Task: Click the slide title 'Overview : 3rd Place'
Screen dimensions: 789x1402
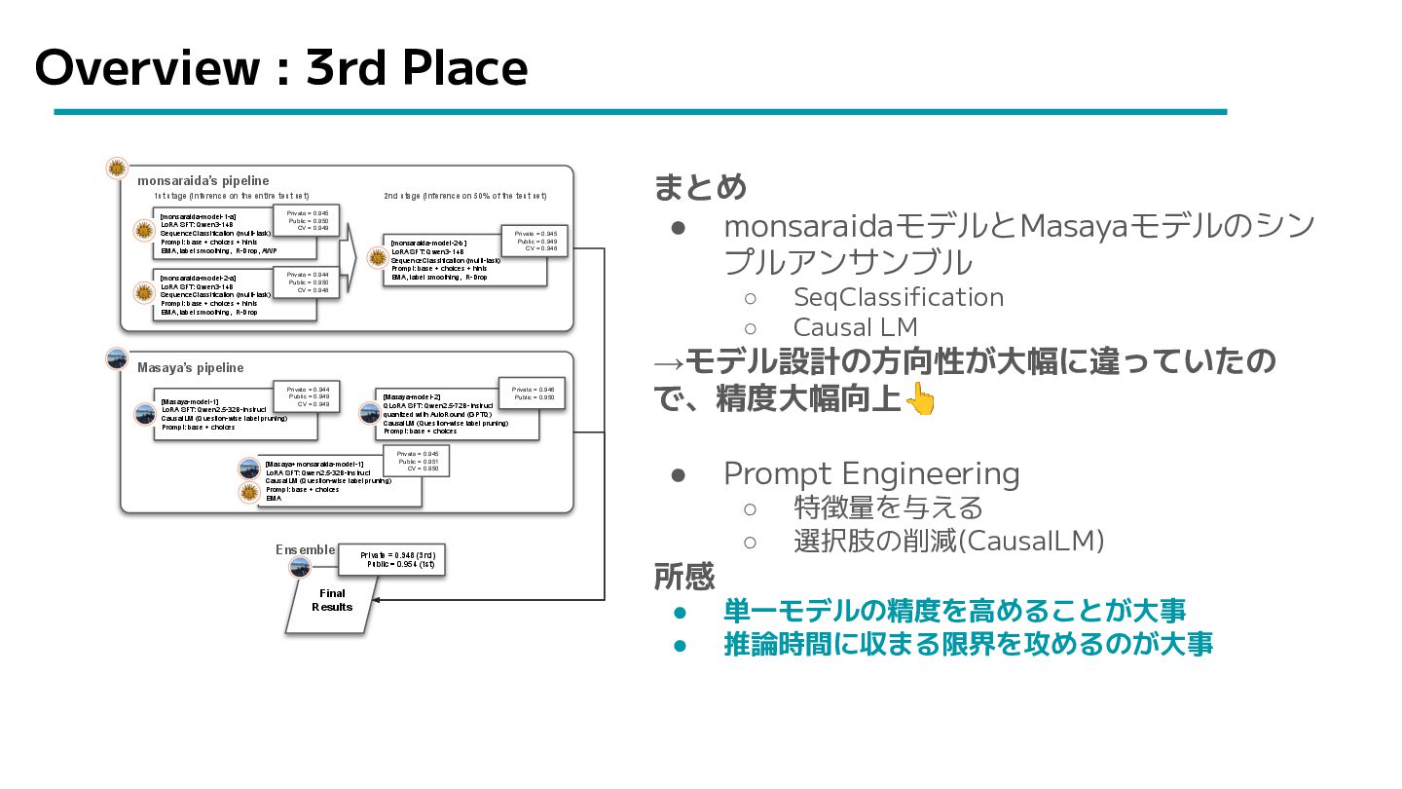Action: tap(280, 68)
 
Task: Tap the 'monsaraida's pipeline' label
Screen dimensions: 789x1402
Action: tap(203, 181)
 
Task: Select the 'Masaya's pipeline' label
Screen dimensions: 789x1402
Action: tap(190, 368)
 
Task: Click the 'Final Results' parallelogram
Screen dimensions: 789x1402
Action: tap(332, 601)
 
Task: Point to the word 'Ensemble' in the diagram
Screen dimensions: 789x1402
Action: tap(305, 550)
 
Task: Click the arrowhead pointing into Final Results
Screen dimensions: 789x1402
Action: tap(377, 601)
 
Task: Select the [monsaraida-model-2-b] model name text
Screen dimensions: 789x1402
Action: tap(428, 243)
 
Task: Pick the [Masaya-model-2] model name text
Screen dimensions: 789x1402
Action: tap(412, 397)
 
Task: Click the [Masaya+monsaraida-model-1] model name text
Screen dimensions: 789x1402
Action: tap(314, 464)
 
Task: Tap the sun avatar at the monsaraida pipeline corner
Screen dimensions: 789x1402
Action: tap(117, 168)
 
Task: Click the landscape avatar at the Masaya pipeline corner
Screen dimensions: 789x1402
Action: tap(117, 358)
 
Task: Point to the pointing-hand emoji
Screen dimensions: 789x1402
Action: tap(919, 399)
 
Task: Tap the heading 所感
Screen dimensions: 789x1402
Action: tap(683, 577)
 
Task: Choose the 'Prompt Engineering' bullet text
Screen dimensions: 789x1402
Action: tap(871, 473)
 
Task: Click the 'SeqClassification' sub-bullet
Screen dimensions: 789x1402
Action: tap(898, 297)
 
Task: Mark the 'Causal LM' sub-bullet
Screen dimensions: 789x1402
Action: tap(855, 327)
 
